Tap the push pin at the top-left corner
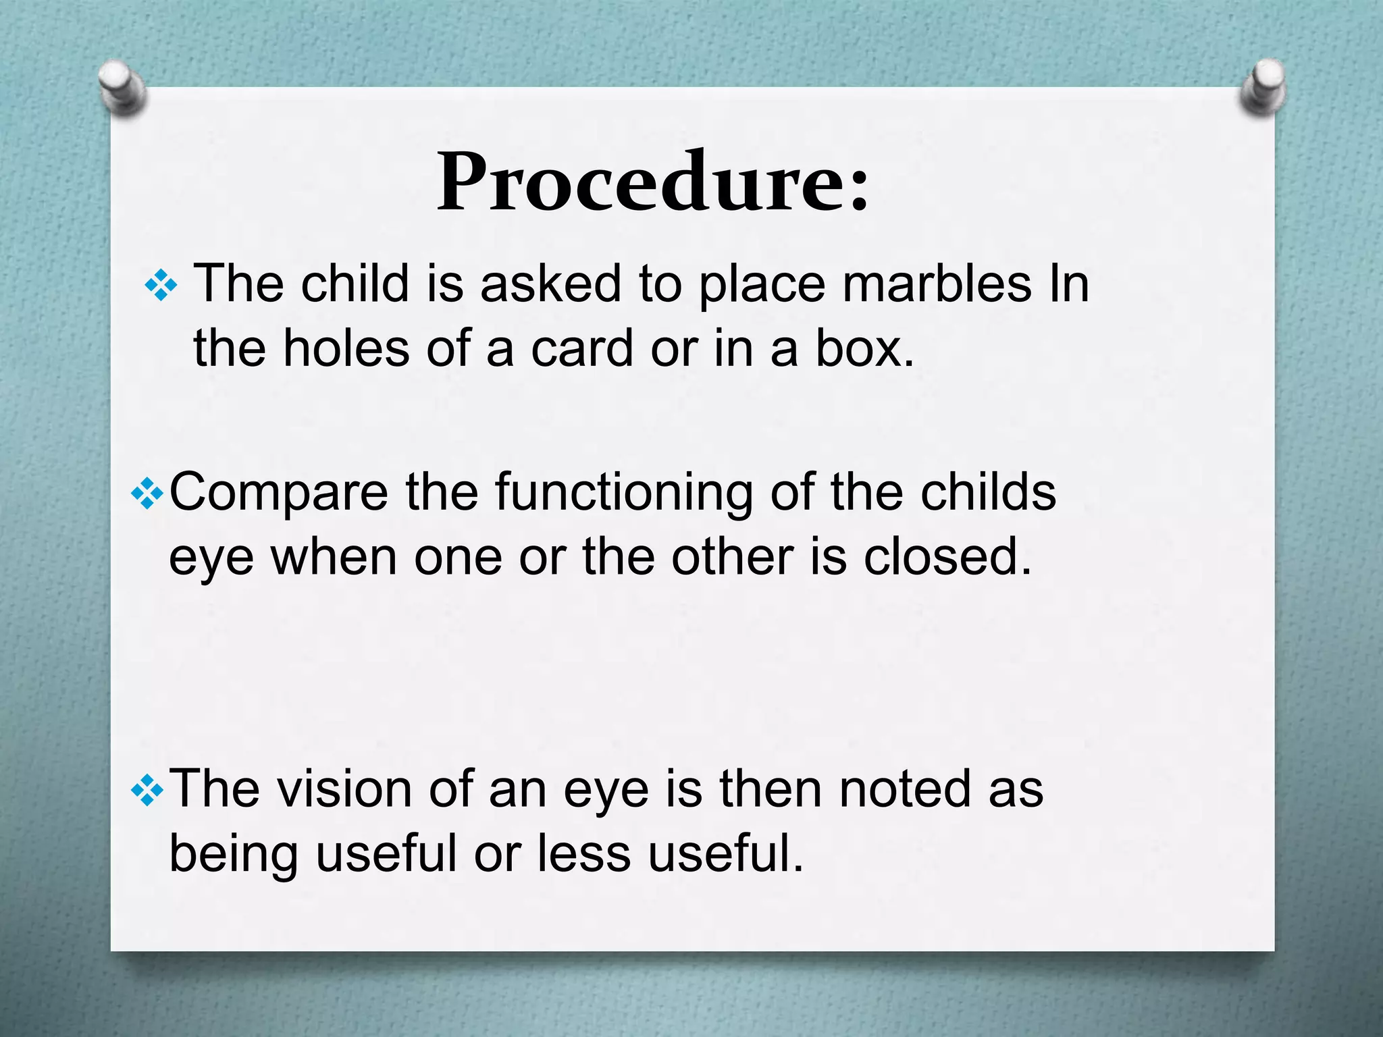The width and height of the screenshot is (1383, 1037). click(x=122, y=88)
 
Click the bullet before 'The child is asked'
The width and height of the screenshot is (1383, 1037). click(x=161, y=286)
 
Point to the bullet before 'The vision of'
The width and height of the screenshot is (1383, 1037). click(x=147, y=790)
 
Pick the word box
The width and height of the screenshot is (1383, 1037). click(x=864, y=348)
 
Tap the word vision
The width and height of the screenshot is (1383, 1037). click(x=345, y=788)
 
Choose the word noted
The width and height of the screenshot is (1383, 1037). click(x=906, y=788)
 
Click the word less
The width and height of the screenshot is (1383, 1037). click(x=585, y=853)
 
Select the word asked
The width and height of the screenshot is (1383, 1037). click(x=550, y=284)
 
